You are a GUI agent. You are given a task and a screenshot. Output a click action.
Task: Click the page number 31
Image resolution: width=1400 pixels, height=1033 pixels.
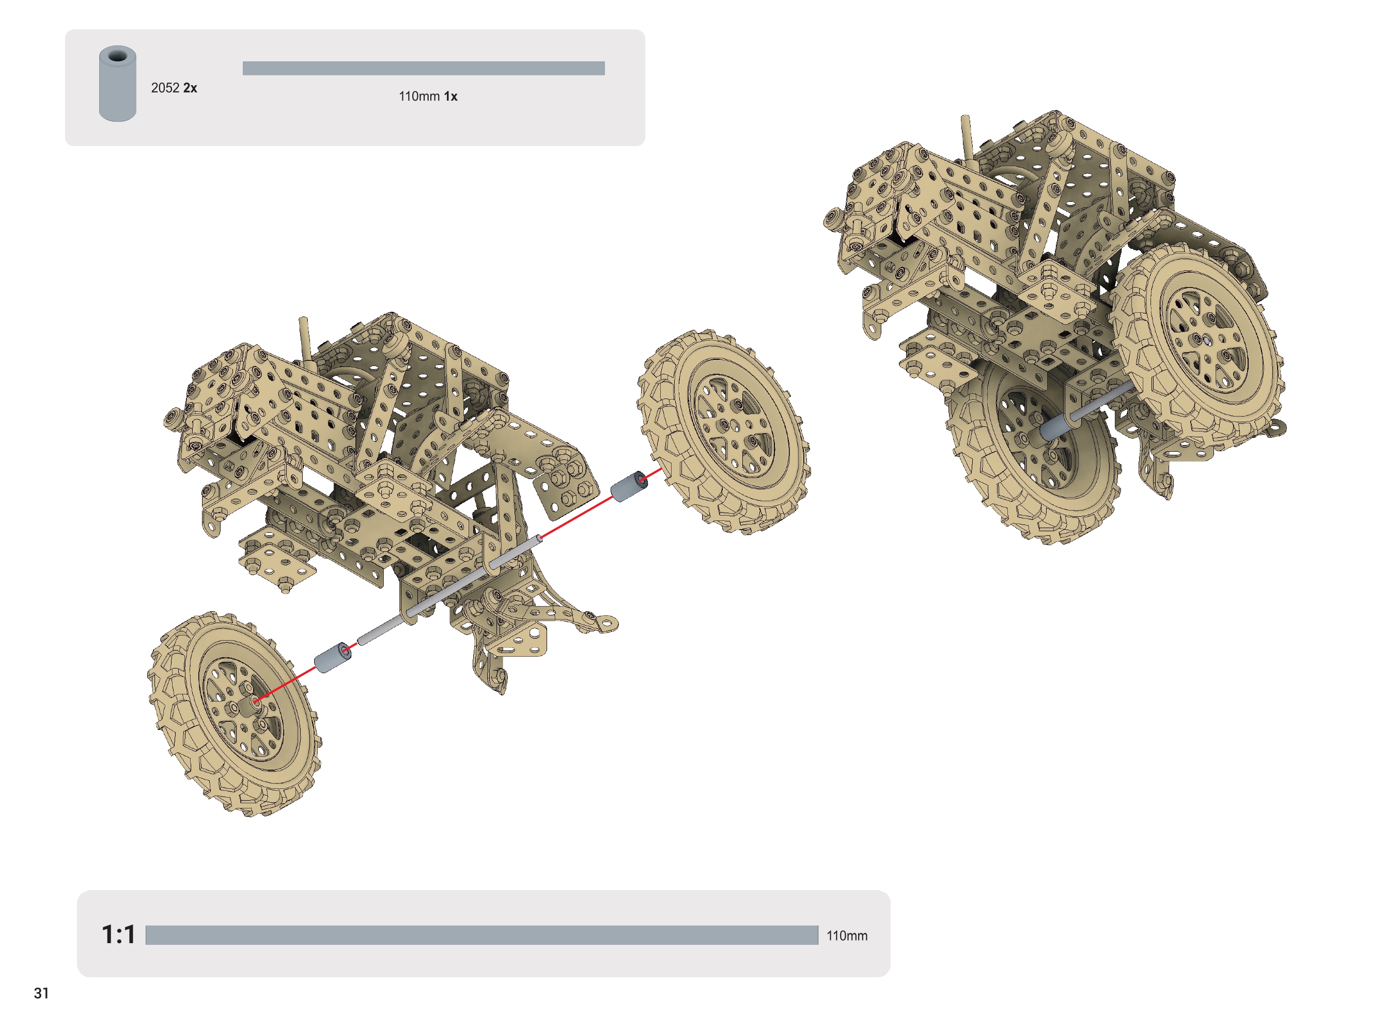pos(41,994)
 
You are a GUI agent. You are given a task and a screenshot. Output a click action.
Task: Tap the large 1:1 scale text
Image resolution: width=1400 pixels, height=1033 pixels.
pos(119,935)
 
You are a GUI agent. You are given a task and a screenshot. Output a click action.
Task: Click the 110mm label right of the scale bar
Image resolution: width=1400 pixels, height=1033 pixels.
pos(848,936)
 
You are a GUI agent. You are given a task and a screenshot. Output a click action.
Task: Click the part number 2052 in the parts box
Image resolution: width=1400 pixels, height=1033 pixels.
pos(165,88)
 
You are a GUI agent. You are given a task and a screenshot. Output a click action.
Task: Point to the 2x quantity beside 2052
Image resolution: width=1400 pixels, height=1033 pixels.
pos(190,88)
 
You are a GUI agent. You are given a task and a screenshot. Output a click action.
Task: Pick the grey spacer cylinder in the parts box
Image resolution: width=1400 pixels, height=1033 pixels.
pos(118,83)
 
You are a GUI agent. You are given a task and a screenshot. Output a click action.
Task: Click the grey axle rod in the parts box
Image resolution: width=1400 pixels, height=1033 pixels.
pos(424,68)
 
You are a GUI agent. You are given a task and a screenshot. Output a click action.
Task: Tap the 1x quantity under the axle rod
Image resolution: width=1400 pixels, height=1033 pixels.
pos(451,97)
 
